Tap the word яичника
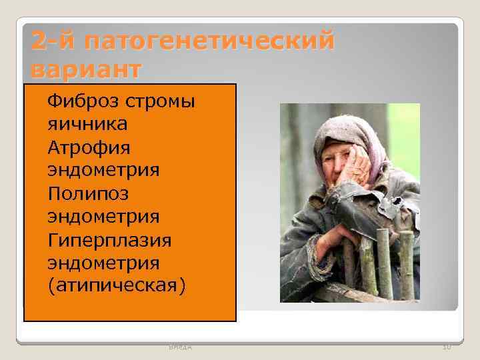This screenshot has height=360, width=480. [87, 124]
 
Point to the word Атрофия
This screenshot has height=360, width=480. [89, 147]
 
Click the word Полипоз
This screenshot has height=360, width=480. [88, 193]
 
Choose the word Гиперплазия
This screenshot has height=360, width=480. [109, 239]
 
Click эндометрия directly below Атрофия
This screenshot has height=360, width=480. [103, 170]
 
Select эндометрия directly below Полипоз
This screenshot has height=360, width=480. [103, 216]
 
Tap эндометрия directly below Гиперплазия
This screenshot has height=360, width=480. [103, 262]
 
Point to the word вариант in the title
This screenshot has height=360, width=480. [86, 69]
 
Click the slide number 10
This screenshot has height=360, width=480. [446, 347]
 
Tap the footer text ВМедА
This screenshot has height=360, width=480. [179, 347]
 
